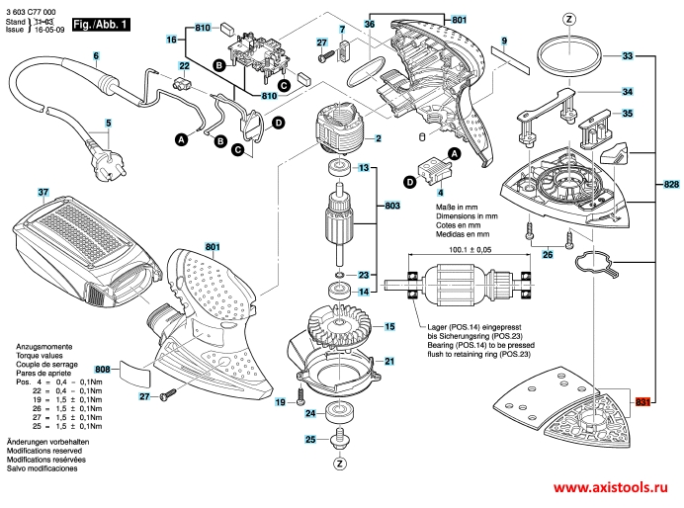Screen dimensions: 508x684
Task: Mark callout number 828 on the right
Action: pyautogui.click(x=671, y=187)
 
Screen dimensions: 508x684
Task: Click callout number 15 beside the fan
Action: pyautogui.click(x=390, y=325)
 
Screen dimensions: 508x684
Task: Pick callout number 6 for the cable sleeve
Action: pyautogui.click(x=97, y=56)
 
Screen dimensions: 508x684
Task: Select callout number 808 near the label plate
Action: pyautogui.click(x=103, y=370)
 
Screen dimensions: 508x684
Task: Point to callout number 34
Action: pyautogui.click(x=627, y=92)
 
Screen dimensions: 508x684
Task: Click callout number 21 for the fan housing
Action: pyautogui.click(x=390, y=361)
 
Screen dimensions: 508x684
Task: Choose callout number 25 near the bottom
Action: pyautogui.click(x=309, y=439)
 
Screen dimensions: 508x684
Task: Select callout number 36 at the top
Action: pyautogui.click(x=369, y=23)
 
